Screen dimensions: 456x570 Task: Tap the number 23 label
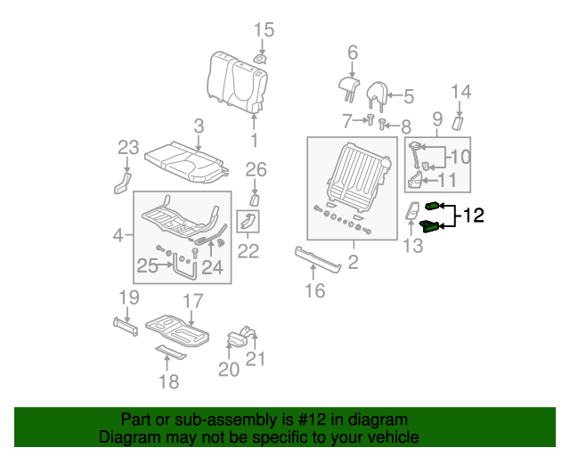click(x=129, y=147)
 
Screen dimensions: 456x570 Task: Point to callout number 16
click(x=314, y=290)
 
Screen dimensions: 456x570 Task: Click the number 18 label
click(x=168, y=381)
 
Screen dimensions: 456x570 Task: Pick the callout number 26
click(x=256, y=169)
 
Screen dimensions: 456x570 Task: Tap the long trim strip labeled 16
click(x=318, y=259)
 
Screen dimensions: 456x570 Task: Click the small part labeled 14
click(x=460, y=120)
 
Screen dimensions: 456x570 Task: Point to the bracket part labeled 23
click(x=121, y=183)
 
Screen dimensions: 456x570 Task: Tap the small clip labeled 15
click(x=261, y=58)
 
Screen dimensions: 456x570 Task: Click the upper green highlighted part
click(x=433, y=207)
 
